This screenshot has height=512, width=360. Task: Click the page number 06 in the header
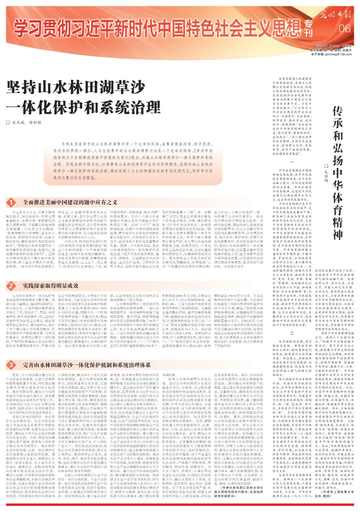click(344, 28)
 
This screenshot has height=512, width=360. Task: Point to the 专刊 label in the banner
click(309, 28)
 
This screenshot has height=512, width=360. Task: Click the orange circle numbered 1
click(11, 202)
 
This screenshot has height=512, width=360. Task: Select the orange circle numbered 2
click(11, 286)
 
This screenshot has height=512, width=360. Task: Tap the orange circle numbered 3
click(11, 365)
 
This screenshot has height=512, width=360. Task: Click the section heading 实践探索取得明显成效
click(50, 286)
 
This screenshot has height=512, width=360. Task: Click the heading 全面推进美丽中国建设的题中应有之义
click(70, 202)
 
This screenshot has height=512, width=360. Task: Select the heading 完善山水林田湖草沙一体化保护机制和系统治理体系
click(87, 365)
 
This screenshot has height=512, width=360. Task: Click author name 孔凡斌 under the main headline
click(19, 122)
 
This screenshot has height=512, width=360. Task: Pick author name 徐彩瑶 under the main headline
click(35, 122)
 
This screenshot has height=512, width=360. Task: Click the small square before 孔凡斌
click(8, 122)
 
